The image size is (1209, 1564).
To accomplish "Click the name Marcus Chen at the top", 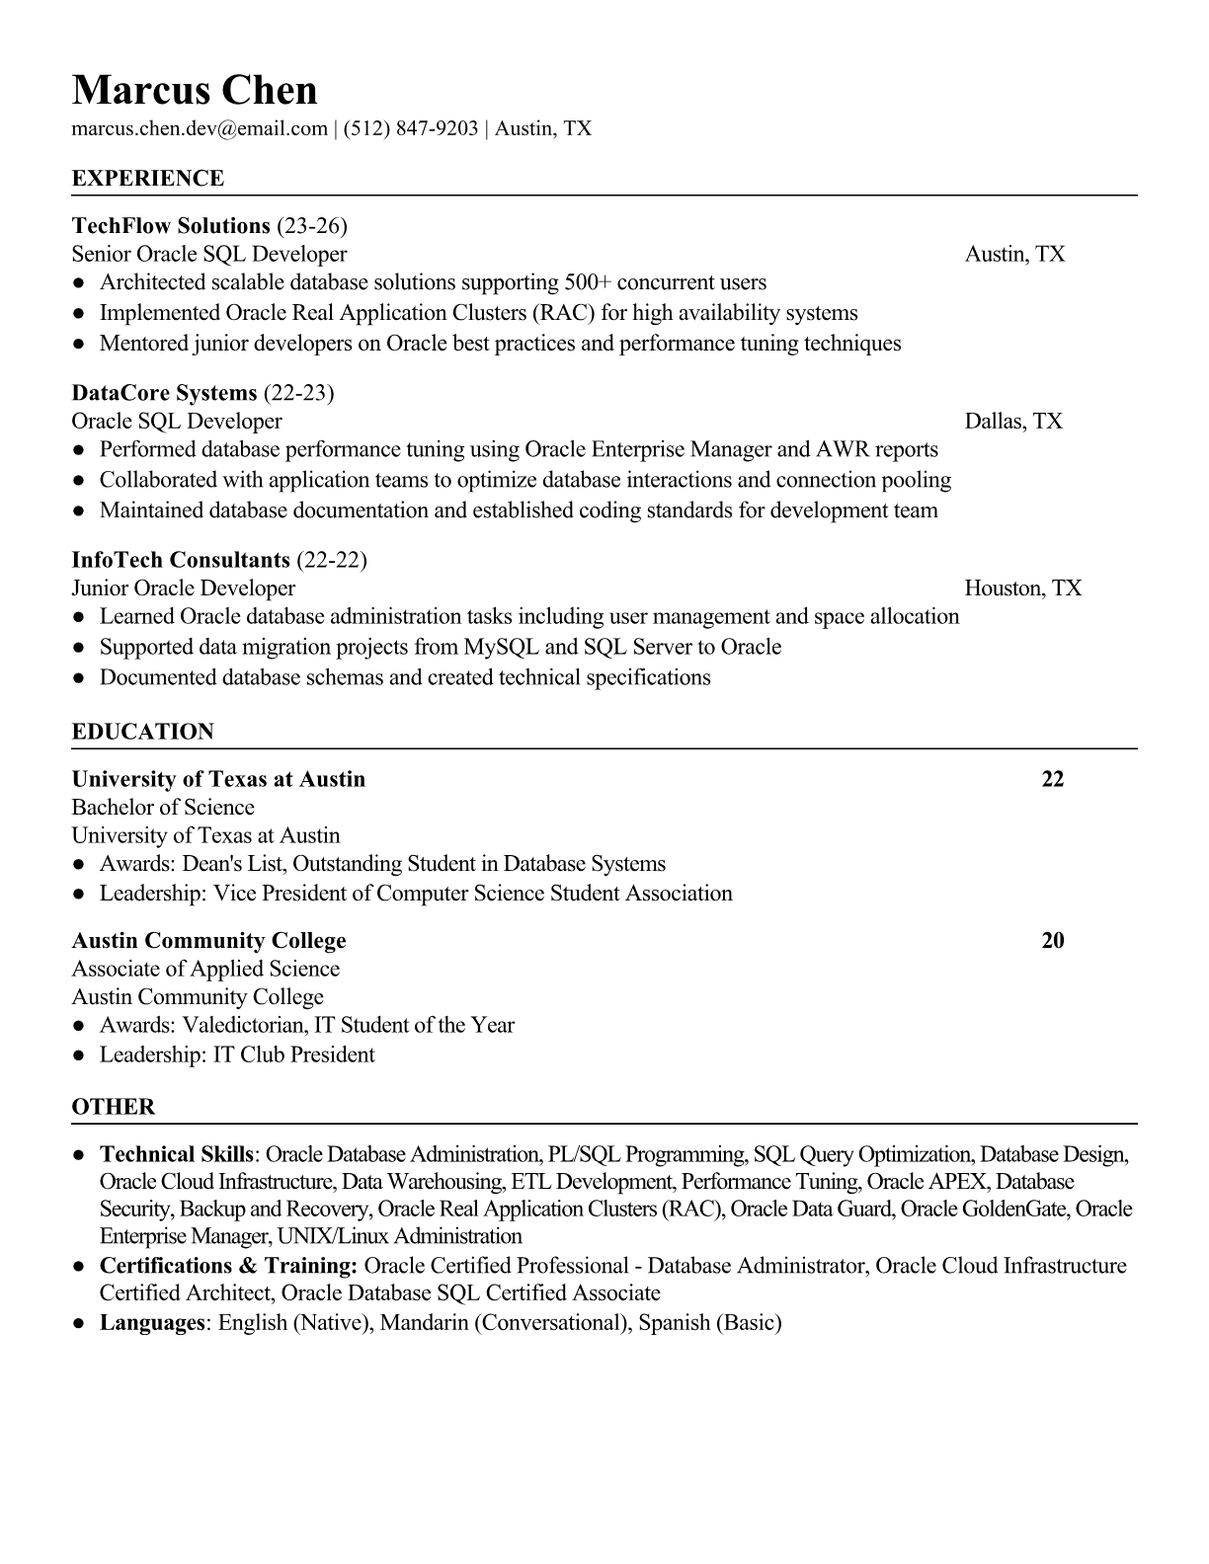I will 195,90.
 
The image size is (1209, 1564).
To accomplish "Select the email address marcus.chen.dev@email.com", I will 199,128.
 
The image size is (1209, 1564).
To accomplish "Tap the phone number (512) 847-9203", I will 410,128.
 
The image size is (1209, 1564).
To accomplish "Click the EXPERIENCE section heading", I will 147,179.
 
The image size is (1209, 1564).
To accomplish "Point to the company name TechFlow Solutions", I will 171,226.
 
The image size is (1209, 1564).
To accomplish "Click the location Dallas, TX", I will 1013,422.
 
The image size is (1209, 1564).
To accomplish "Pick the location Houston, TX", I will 1022,588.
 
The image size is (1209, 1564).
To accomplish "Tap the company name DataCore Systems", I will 164,393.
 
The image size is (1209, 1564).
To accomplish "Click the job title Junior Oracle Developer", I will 183,588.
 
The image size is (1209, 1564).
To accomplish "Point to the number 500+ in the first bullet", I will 588,282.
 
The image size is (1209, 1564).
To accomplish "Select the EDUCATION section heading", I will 142,732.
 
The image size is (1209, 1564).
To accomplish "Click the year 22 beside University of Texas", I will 1053,779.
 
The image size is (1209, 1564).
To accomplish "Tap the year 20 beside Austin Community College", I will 1053,940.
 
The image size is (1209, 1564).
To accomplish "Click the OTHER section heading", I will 113,1107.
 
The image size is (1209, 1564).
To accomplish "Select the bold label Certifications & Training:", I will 228,1266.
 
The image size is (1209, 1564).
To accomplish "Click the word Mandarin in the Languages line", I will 423,1322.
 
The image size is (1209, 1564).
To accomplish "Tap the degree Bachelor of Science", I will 163,808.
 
